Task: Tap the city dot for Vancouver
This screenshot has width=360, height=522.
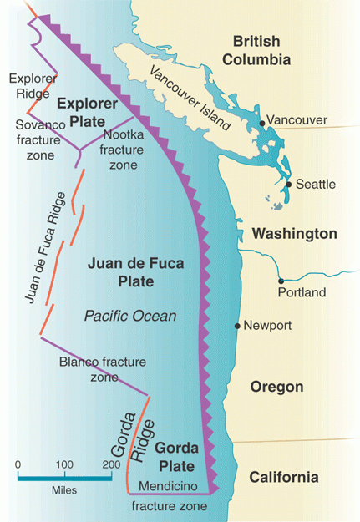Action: click(262, 123)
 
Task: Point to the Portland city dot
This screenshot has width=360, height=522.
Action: click(281, 281)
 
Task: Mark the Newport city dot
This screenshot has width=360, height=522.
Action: click(237, 325)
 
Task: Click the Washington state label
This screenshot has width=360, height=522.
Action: click(284, 233)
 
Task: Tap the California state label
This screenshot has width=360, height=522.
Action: click(283, 478)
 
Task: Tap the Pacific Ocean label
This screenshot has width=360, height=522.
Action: click(129, 316)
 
